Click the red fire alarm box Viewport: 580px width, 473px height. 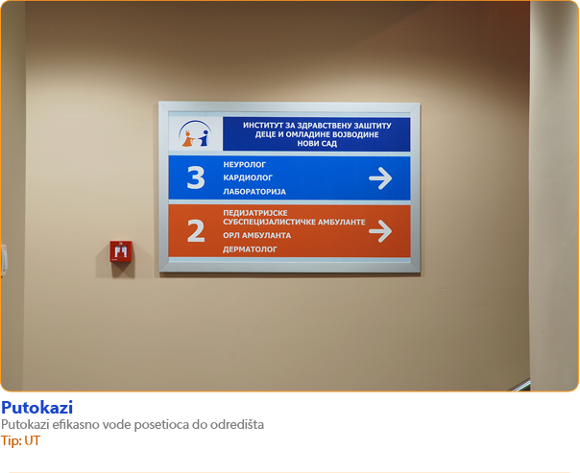click(x=121, y=251)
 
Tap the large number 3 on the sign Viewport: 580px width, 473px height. click(x=196, y=177)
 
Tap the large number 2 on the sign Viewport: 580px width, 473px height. click(x=196, y=231)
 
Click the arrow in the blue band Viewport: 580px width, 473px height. click(x=380, y=178)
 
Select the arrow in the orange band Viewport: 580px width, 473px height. click(x=380, y=231)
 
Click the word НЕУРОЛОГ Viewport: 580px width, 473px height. click(x=245, y=165)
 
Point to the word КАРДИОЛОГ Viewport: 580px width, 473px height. click(x=248, y=177)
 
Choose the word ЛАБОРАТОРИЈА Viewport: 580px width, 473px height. click(x=254, y=192)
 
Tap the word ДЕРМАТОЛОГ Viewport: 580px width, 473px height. click(x=250, y=249)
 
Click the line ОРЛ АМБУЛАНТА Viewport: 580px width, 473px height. click(x=257, y=235)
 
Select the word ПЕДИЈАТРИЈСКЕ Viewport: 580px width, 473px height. click(x=255, y=213)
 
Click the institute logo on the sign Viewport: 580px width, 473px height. click(x=195, y=133)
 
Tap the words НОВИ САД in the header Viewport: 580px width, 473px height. click(x=317, y=143)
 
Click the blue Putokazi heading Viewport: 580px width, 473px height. click(x=37, y=408)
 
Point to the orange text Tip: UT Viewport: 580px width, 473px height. click(x=20, y=440)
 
